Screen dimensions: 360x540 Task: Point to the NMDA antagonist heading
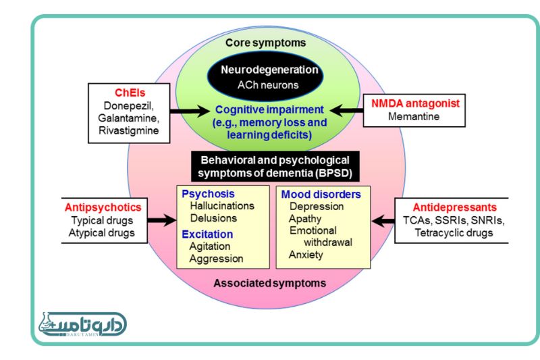[415, 104]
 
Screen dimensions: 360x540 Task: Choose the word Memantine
[414, 116]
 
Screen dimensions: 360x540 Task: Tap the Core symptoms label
[265, 43]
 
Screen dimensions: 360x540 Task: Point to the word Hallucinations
[221, 206]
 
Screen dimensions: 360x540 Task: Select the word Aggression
[216, 259]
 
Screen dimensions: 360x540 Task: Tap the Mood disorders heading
[321, 195]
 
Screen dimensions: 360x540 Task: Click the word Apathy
[305, 219]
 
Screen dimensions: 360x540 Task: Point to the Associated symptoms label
[269, 282]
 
